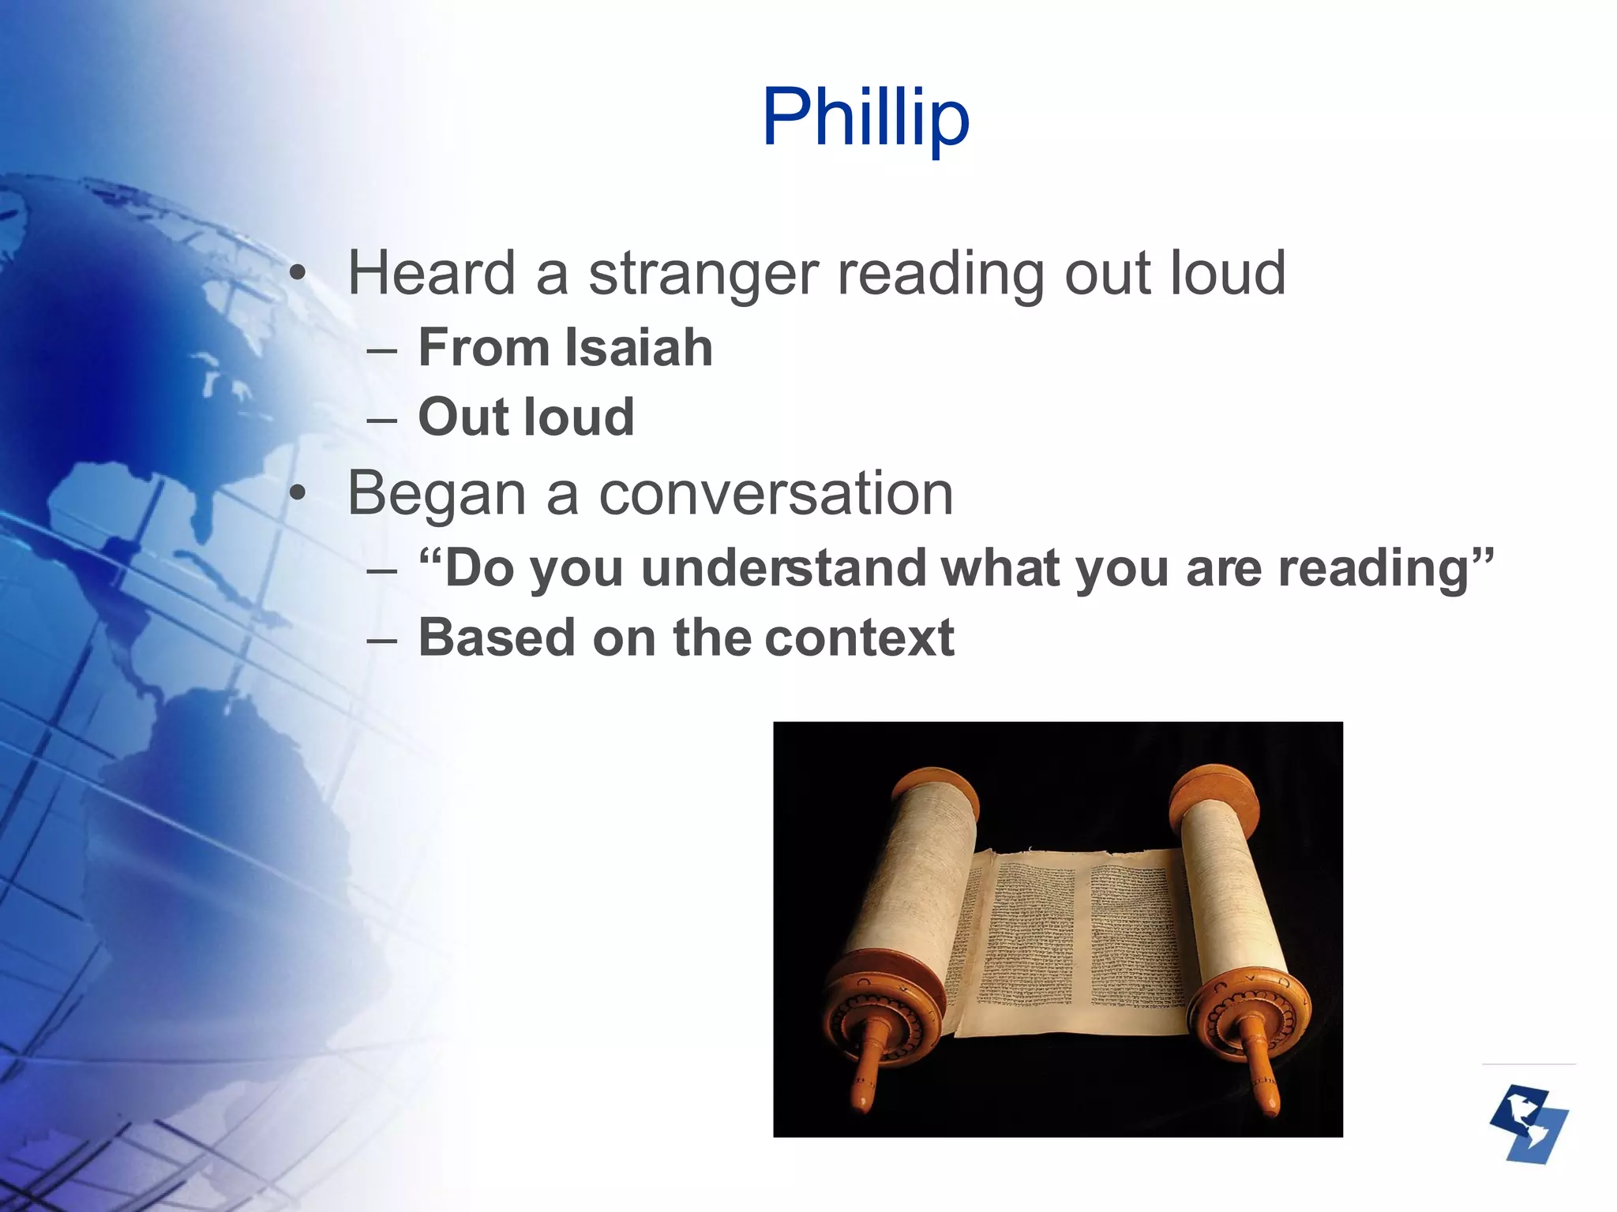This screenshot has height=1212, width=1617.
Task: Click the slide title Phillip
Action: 865,118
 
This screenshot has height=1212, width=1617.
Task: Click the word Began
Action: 437,494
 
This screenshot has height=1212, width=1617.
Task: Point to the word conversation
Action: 776,494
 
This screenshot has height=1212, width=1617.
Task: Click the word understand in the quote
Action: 783,568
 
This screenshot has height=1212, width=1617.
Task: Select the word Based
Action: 497,638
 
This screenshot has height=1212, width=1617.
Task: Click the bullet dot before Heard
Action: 297,275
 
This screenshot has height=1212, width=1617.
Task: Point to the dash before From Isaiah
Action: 382,349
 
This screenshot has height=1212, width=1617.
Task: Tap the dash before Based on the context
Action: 382,639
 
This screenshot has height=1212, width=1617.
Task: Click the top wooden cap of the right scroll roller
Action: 1214,793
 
